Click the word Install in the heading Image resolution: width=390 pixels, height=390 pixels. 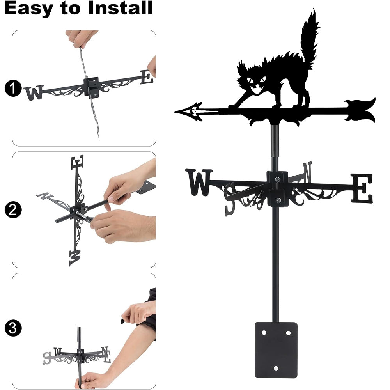click(120, 8)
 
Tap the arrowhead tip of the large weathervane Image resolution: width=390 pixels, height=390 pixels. click(175, 112)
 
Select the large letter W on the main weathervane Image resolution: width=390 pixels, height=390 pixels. click(199, 182)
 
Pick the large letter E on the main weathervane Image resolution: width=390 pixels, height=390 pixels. click(362, 188)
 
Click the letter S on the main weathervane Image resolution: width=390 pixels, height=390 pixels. click(230, 199)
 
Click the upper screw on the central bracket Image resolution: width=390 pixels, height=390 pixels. click(278, 179)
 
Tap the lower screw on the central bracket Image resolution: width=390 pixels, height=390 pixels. click(278, 200)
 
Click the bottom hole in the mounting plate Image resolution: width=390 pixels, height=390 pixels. click(276, 368)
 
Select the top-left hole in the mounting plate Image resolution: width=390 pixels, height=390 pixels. click(264, 332)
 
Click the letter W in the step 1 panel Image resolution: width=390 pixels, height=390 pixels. click(34, 92)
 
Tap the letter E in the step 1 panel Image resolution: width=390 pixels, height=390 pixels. click(146, 77)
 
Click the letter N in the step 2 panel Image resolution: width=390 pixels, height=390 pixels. click(45, 196)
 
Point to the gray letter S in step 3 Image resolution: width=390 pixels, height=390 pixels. click(47, 358)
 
